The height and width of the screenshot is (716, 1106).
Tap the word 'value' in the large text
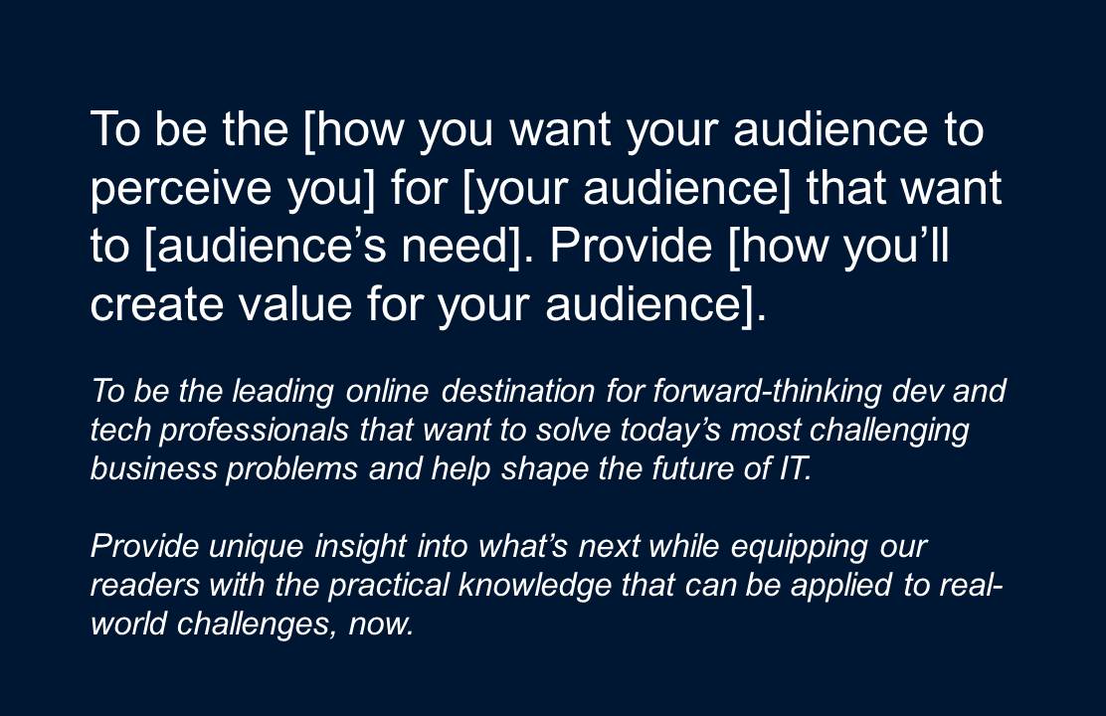294,303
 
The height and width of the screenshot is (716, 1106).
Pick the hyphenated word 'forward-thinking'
767,392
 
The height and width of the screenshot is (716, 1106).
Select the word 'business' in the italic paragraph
154,468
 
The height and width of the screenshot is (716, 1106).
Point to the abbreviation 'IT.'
795,468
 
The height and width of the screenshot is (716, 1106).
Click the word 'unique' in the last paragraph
256,547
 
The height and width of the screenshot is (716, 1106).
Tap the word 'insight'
360,547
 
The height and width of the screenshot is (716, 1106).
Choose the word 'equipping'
799,547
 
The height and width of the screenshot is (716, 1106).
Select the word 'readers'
144,586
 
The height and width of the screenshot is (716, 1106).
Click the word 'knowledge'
535,586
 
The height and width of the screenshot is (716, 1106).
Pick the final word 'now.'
381,626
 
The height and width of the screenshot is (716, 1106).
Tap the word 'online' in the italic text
387,391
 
